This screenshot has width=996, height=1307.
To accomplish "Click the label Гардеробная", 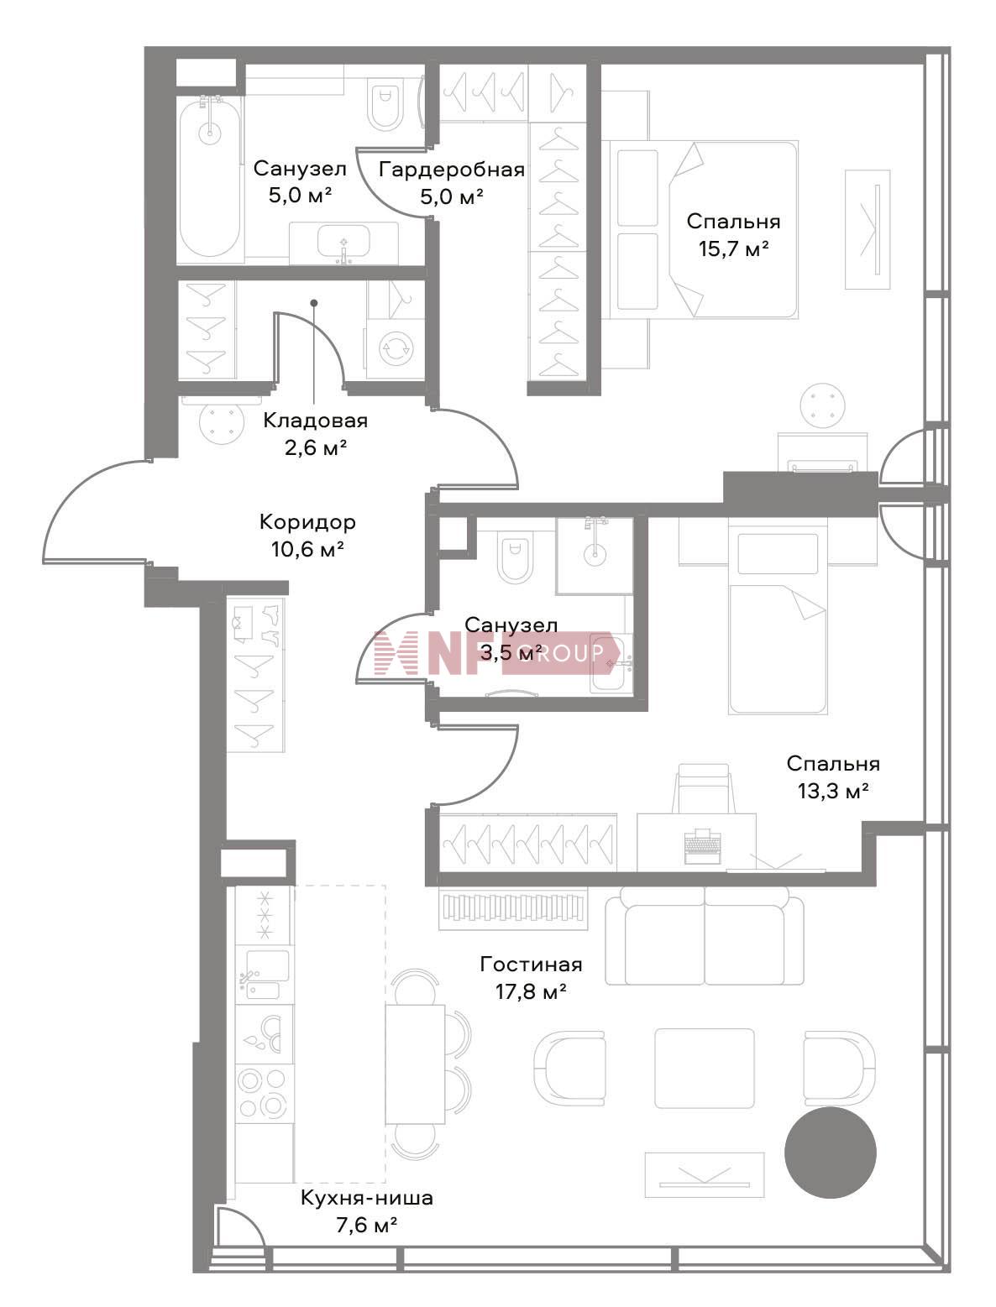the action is click(x=452, y=170).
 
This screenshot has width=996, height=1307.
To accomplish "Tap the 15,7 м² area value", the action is click(x=733, y=248).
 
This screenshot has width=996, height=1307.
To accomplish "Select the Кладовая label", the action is click(x=316, y=421).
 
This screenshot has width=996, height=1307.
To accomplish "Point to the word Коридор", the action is click(x=307, y=522).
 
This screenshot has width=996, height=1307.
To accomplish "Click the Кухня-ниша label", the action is click(x=366, y=1197).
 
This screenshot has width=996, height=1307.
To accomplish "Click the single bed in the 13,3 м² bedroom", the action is click(x=778, y=622).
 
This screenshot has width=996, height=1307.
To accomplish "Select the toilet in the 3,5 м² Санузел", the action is click(x=516, y=560).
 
